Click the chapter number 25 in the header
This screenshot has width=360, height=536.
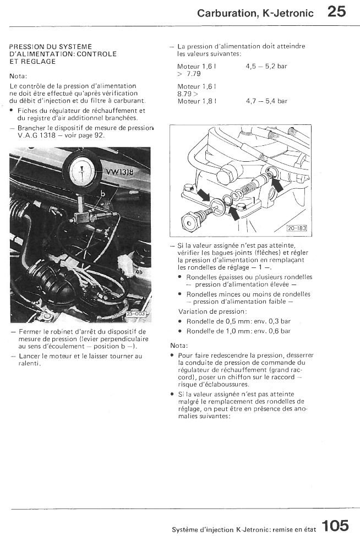click(x=336, y=12)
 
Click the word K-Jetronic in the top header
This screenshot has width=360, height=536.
click(x=288, y=13)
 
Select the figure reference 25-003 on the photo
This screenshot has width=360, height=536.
click(x=135, y=314)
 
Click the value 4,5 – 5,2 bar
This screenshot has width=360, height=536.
click(x=266, y=66)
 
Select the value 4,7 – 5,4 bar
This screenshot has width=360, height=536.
click(x=266, y=101)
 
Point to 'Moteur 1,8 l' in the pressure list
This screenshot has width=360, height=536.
click(x=197, y=101)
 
